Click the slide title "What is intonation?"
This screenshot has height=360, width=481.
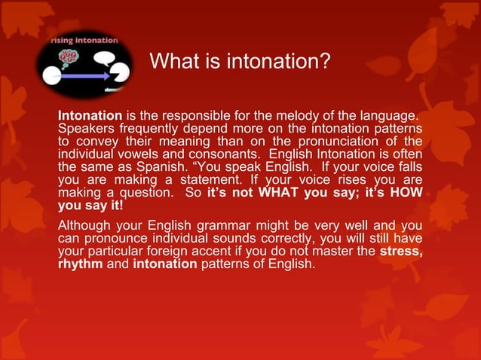tap(240, 61)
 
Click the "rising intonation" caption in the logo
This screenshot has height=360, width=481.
tap(84, 40)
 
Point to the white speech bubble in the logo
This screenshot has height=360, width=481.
tap(103, 57)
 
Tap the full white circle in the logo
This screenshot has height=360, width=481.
tap(51, 76)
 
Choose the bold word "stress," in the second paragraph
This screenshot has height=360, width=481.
tap(400, 252)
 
